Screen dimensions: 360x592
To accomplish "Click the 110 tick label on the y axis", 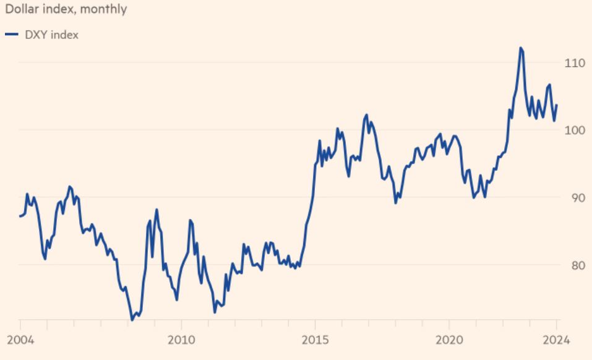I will point(575,62).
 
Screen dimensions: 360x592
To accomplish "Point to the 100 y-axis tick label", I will point(575,130).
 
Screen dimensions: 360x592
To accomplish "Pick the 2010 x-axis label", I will point(181,340).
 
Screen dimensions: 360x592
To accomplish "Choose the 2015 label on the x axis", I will point(315,340).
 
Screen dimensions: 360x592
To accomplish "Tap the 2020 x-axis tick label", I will point(449,340).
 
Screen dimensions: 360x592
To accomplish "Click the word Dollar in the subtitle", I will point(21,9).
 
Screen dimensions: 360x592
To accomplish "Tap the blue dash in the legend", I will point(11,35).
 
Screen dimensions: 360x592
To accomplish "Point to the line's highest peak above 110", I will point(521,48).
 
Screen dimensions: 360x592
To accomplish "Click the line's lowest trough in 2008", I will point(132,319).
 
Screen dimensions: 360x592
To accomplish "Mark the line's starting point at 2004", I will point(20,216).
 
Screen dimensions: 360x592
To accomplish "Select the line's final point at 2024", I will point(557,105).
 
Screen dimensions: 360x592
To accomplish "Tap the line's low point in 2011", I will point(215,312).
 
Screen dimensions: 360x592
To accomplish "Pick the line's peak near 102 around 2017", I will point(366,114).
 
